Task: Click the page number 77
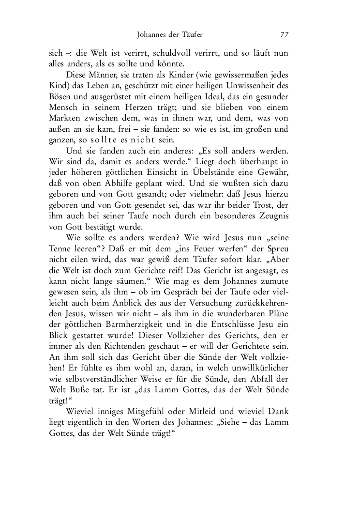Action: (284, 35)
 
